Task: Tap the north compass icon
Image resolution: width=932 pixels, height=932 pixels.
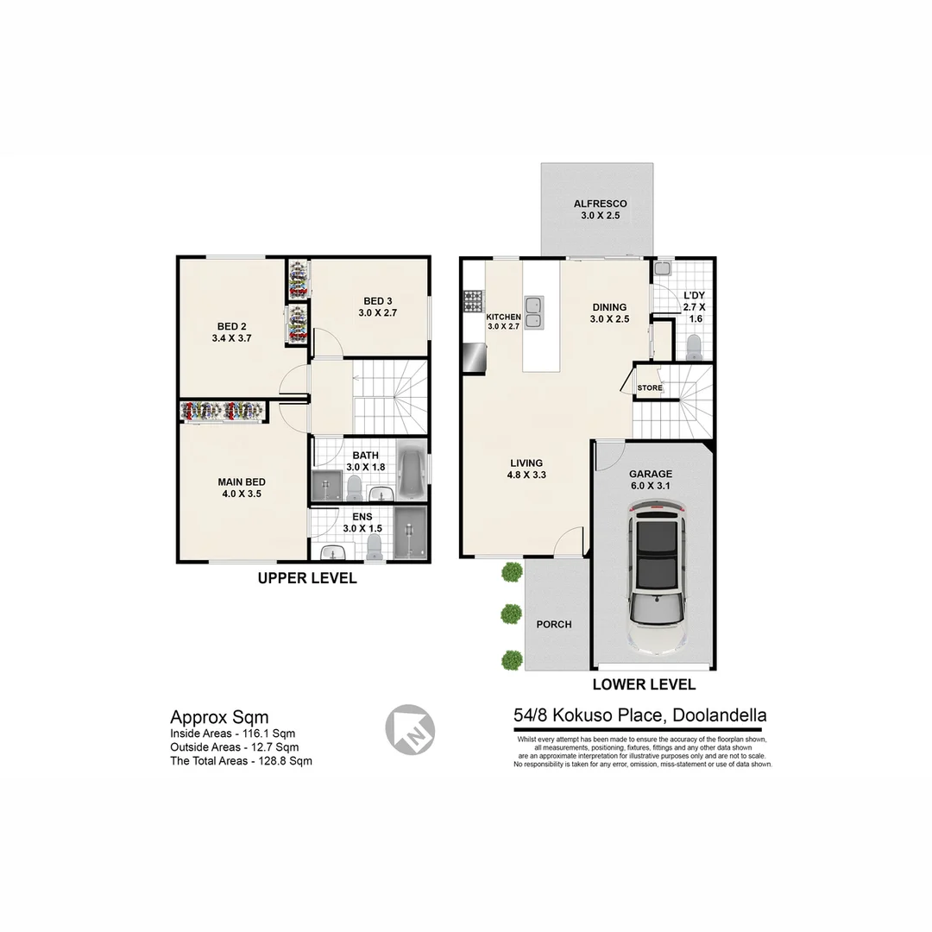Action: tap(409, 729)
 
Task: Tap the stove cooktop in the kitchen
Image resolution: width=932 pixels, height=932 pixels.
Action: tap(474, 300)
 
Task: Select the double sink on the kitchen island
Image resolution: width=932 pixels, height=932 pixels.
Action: tap(535, 312)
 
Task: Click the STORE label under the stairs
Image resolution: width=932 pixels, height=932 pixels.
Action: tap(650, 388)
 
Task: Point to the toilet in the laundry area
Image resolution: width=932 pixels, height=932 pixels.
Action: tap(692, 347)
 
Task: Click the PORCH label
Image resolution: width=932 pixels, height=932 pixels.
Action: tap(554, 624)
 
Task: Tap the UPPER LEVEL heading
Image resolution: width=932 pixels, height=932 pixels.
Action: tap(307, 578)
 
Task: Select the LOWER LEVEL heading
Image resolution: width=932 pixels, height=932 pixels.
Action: tap(644, 685)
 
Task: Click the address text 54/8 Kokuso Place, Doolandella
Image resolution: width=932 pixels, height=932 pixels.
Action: tap(639, 715)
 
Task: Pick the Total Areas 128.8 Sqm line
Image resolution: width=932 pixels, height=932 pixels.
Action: tap(241, 761)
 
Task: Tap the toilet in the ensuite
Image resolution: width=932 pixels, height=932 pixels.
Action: tap(375, 545)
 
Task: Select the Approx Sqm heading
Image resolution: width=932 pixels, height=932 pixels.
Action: tap(219, 717)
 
